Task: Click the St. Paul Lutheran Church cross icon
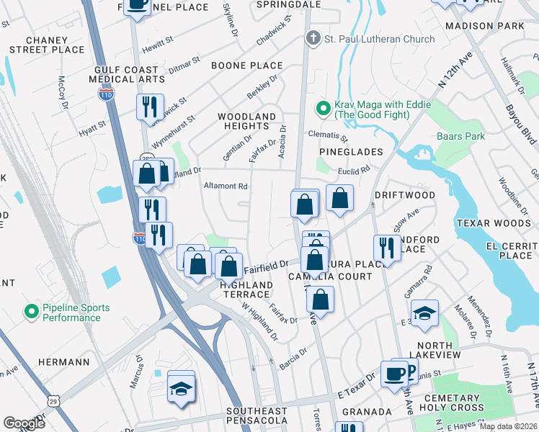313,39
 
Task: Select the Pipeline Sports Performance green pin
31,312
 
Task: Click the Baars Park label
460,136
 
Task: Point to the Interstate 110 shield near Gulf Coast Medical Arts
105,94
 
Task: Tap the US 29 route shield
53,400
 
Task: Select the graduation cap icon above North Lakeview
424,312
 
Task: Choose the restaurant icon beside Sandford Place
387,248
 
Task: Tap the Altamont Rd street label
226,186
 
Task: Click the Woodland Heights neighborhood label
247,121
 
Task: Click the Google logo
24,423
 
